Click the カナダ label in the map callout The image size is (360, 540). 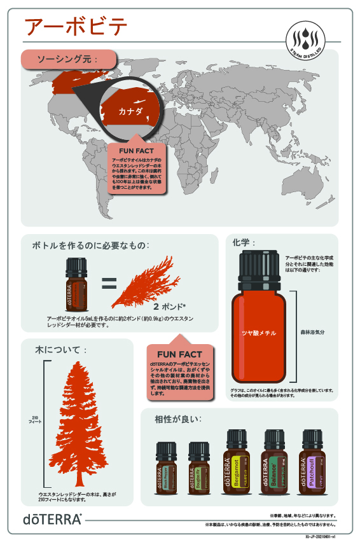pyautogui.click(x=129, y=111)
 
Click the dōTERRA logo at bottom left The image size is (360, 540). pyautogui.click(x=53, y=519)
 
